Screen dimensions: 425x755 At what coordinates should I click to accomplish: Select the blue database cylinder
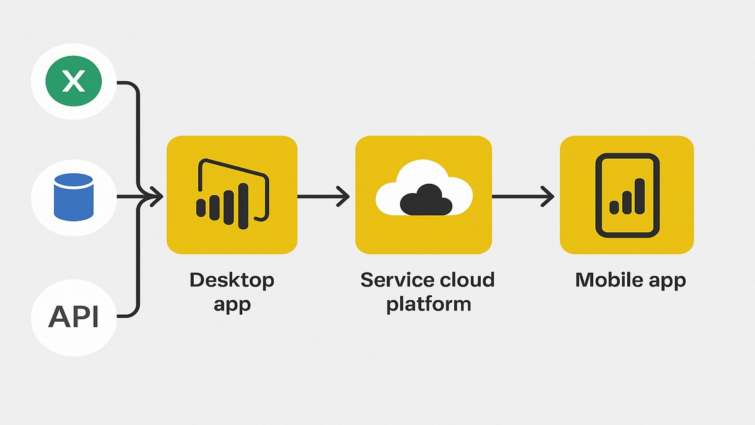point(74,198)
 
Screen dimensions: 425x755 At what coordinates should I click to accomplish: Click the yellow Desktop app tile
point(232,195)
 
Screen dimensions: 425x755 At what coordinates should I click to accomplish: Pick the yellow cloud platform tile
point(423,195)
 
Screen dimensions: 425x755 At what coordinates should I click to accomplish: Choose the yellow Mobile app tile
point(627,195)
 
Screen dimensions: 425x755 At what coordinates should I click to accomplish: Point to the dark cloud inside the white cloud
point(427,199)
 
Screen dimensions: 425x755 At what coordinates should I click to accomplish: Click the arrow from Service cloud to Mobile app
point(523,196)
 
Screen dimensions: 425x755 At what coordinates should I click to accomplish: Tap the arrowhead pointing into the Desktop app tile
point(154,197)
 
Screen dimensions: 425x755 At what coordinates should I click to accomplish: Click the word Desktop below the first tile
point(232,280)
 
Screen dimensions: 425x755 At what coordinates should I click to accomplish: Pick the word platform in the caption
point(428,305)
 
